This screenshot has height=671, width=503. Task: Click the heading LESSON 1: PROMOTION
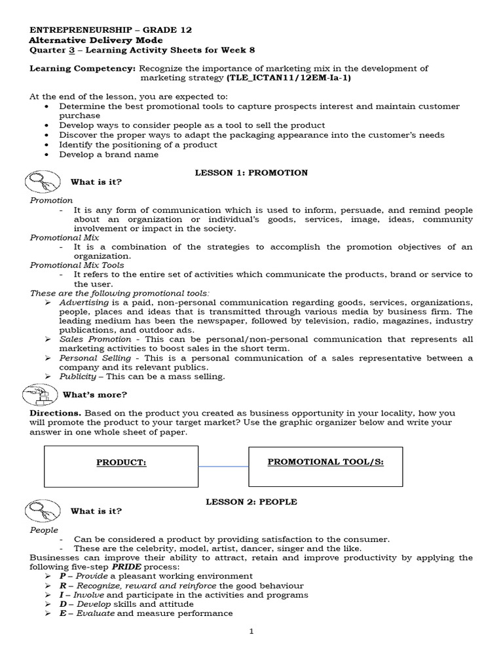[x=251, y=173]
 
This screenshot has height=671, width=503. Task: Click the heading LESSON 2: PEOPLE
[x=251, y=501]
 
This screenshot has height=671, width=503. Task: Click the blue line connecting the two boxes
[x=223, y=467]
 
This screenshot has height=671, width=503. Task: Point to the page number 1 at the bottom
[x=251, y=632]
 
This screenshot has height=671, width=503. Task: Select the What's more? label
[x=94, y=395]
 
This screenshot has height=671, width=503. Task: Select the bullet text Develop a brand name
[x=109, y=155]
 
